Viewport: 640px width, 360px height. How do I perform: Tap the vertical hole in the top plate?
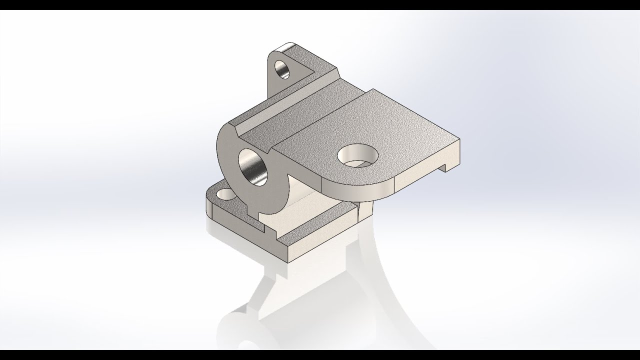[x=356, y=156]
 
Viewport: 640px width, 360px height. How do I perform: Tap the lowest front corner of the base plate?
[x=289, y=260]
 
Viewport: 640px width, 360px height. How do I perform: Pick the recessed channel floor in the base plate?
[x=310, y=220]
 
